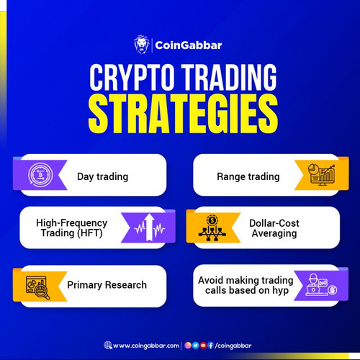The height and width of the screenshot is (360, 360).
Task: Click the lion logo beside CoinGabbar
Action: (141, 45)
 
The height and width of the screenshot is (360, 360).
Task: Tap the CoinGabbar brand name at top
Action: (189, 45)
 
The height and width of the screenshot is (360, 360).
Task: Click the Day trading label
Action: (102, 176)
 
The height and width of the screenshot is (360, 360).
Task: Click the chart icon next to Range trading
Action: (317, 175)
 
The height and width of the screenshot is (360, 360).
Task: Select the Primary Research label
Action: (107, 284)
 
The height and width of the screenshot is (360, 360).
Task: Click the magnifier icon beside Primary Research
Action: (37, 285)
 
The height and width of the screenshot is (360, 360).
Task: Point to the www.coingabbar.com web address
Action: (146, 345)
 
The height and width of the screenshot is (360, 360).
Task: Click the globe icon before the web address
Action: (107, 345)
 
